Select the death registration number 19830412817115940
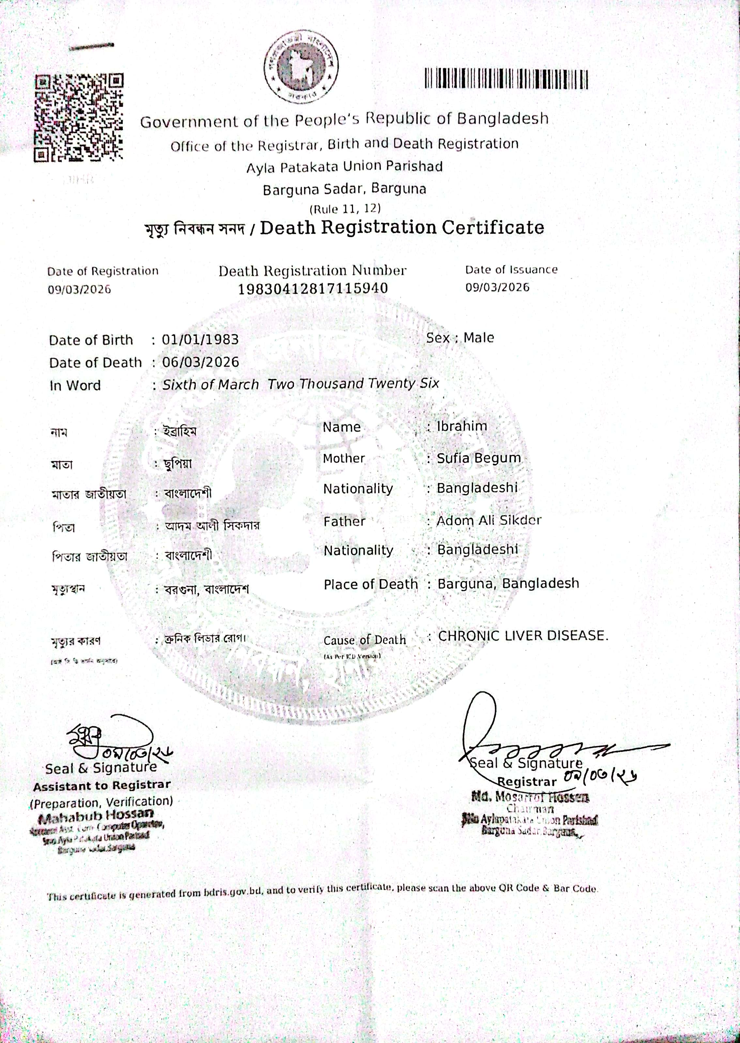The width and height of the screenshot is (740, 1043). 313,288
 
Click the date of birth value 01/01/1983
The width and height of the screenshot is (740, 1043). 200,339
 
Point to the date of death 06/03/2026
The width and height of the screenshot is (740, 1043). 200,362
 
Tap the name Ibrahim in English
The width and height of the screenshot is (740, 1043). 462,426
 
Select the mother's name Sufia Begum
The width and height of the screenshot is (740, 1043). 478,458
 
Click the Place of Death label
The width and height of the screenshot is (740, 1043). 370,584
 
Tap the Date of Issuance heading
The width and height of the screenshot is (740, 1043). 511,270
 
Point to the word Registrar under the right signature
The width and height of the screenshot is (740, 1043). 527,782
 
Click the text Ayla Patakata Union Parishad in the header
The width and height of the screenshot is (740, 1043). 345,167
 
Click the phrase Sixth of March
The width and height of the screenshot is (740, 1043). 210,384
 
